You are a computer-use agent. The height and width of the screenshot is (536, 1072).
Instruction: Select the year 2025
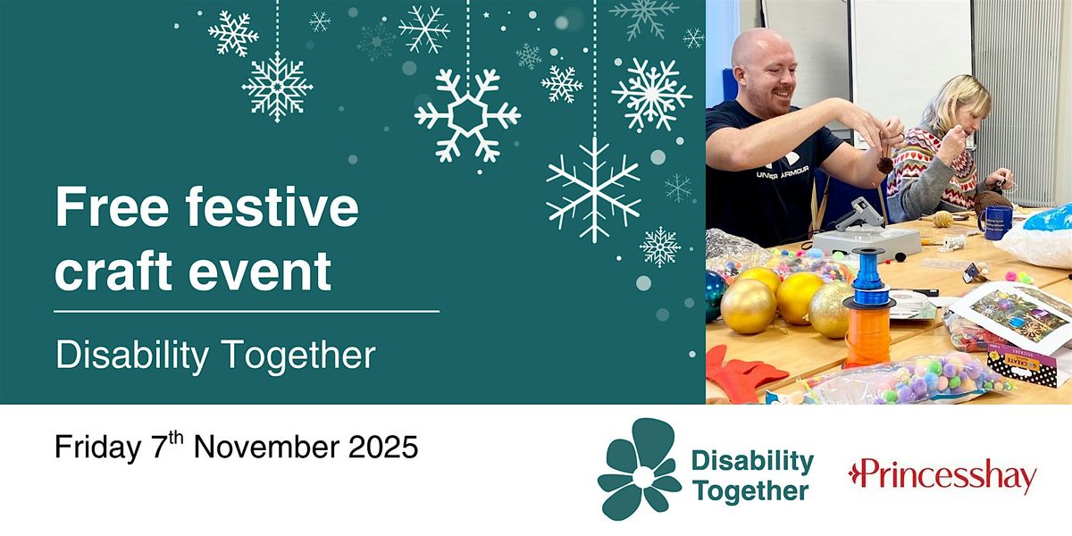click(382, 448)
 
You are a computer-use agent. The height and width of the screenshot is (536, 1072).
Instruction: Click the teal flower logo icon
click(638, 468)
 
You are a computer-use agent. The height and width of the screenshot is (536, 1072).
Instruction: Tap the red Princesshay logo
click(942, 476)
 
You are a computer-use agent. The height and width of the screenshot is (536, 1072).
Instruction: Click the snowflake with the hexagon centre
click(467, 115)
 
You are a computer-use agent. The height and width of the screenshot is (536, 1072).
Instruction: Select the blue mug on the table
click(992, 220)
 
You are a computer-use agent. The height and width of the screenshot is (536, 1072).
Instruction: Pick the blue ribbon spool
click(867, 281)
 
